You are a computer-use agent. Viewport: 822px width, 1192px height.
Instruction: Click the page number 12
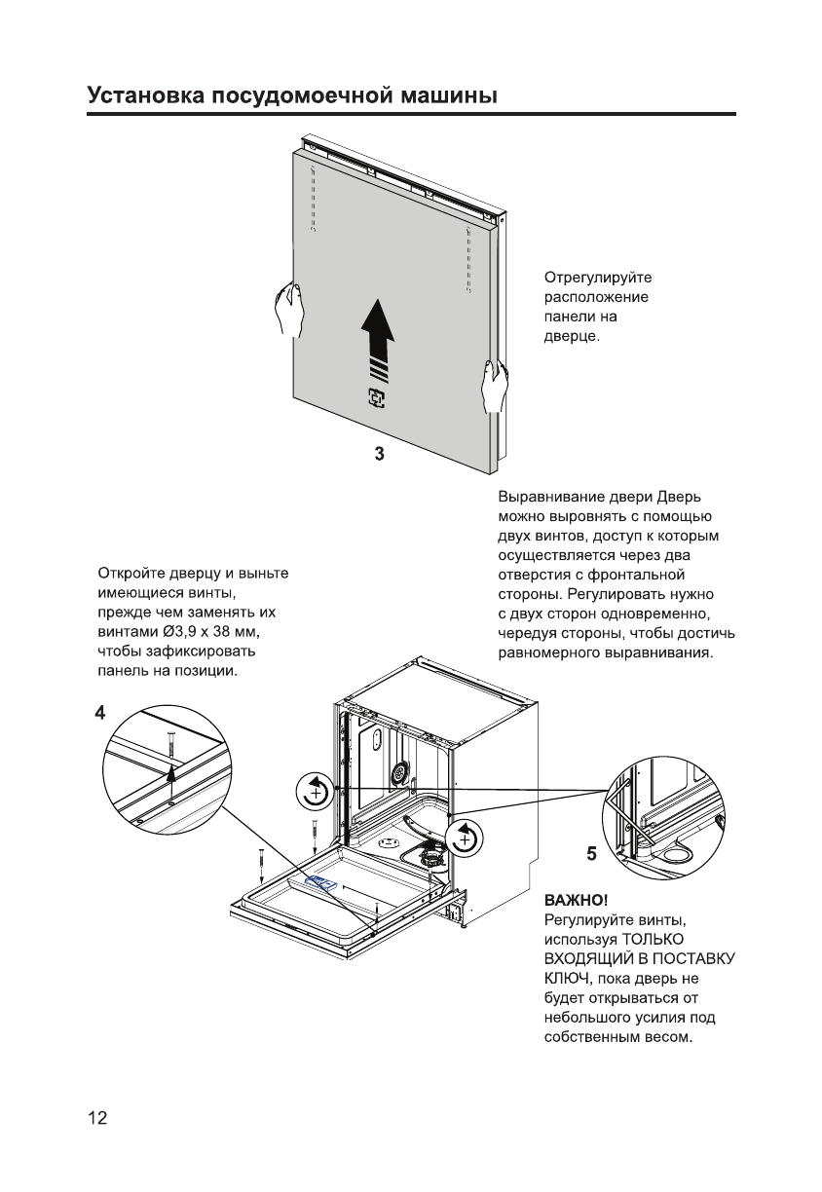97,1117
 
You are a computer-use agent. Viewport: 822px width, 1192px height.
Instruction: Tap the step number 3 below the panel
380,455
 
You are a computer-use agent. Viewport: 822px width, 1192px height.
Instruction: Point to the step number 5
592,854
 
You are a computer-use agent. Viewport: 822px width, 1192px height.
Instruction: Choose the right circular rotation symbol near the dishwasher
464,837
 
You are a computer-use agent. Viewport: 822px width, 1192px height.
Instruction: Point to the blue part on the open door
321,881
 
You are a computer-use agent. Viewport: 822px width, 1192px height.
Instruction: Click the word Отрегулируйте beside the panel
596,279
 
